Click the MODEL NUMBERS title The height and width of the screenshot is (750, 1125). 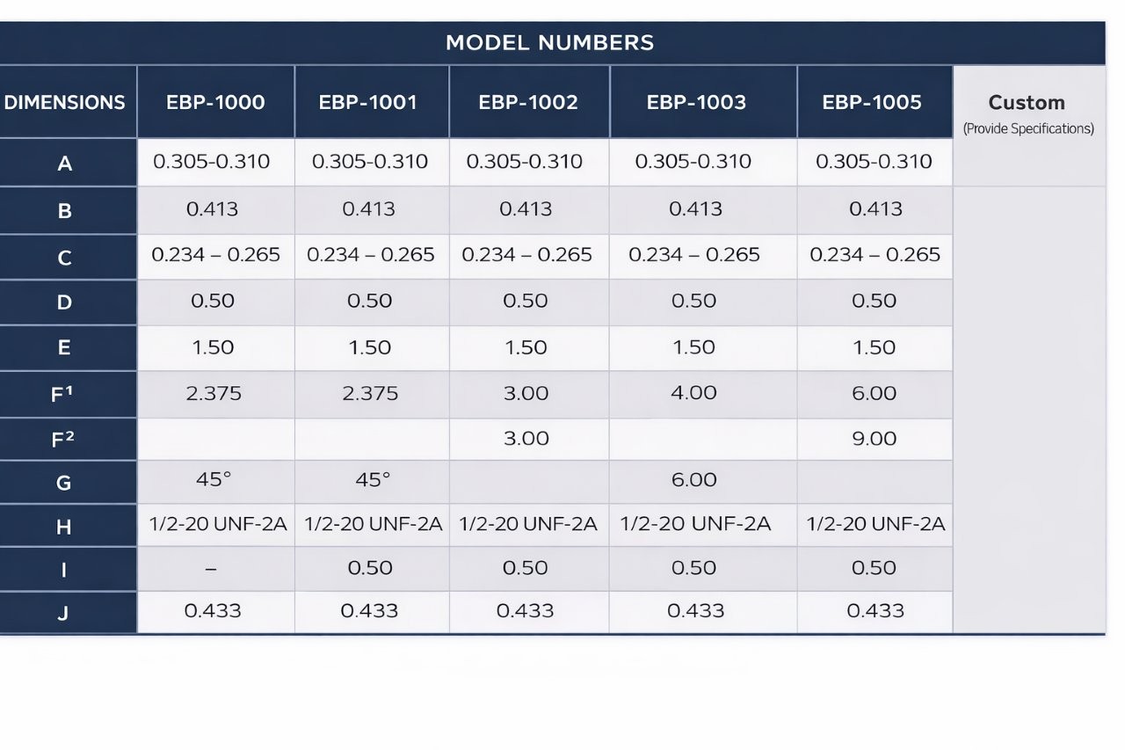pos(550,43)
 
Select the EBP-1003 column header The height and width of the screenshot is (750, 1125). pos(696,103)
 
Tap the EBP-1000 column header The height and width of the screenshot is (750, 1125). pos(215,103)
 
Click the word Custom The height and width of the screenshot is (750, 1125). pos(1027,103)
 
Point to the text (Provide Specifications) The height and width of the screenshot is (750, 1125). pos(1028,128)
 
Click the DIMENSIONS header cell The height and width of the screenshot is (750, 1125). pos(64,103)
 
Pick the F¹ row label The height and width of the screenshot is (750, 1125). pos(62,394)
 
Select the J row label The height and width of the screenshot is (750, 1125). pos(63,613)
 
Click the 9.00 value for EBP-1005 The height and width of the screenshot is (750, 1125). pos(874,439)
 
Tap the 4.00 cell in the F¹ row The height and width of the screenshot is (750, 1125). pos(693,392)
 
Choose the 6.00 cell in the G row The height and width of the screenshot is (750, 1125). pos(693,479)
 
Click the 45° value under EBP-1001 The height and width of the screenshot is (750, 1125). pos(372,479)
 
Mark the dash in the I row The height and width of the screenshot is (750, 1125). pos(211,569)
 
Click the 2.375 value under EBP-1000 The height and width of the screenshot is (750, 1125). pos(214,393)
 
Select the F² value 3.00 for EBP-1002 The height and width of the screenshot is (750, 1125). pos(526,439)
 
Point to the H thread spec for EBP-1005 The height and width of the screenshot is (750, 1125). pos(875,524)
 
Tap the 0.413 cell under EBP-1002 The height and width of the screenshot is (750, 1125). pos(526,208)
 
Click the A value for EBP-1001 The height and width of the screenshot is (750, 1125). pos(370,161)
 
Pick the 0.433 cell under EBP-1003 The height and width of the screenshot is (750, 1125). pos(695,611)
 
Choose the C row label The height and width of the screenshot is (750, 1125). pos(64,258)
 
